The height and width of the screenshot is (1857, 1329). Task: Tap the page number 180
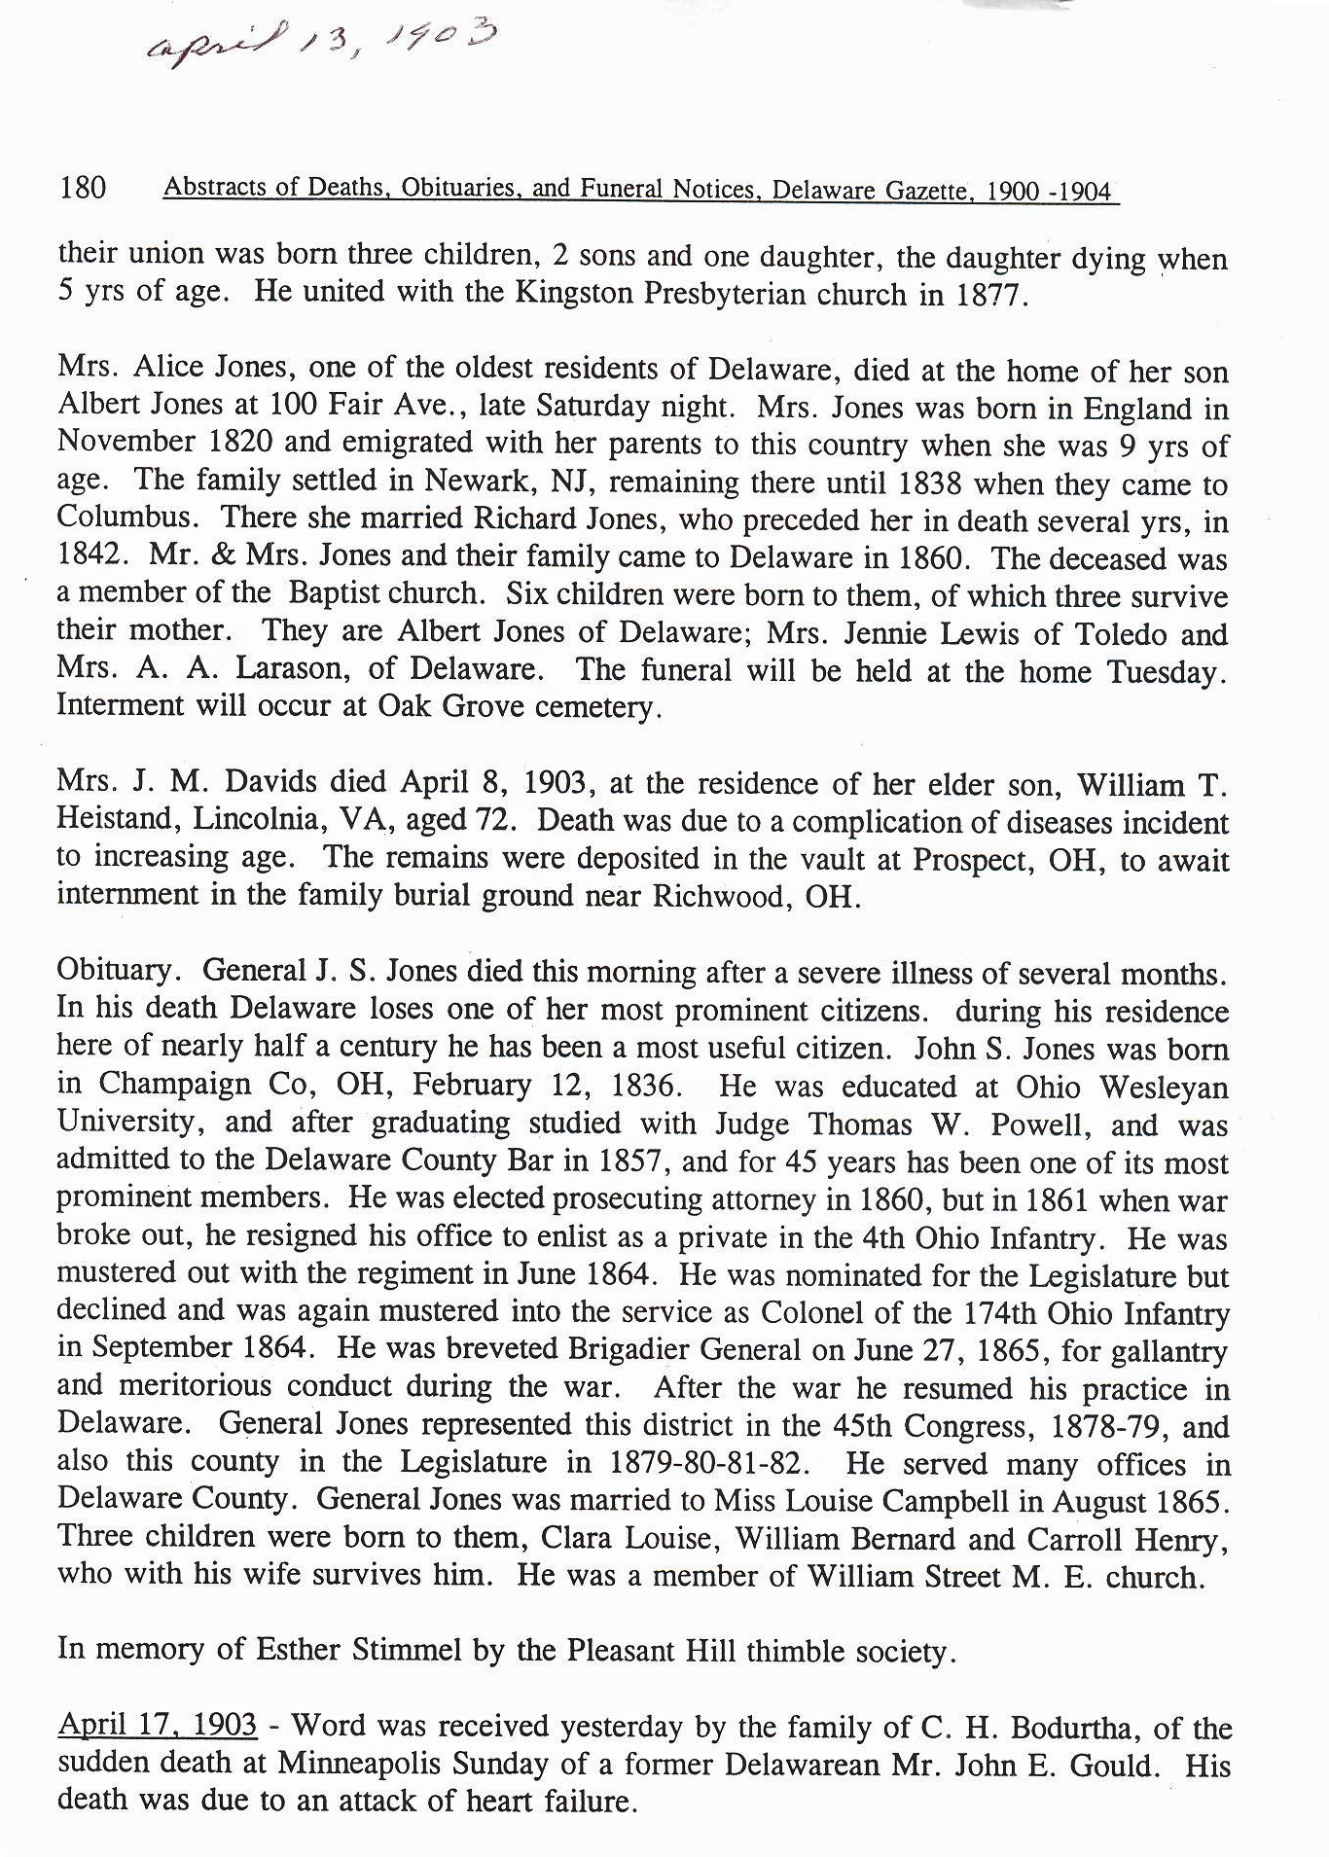click(82, 187)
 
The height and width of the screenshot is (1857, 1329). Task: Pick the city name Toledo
click(1120, 634)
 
